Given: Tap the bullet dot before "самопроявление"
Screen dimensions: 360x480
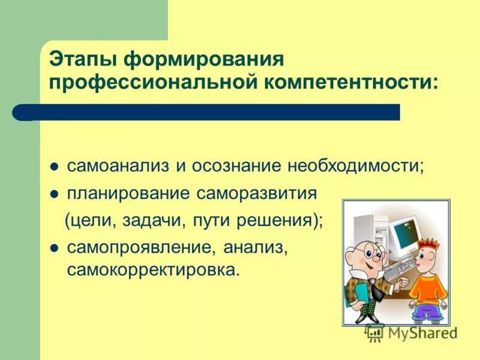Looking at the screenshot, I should (53, 248).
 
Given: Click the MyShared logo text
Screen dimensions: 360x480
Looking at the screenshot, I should (420, 332).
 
